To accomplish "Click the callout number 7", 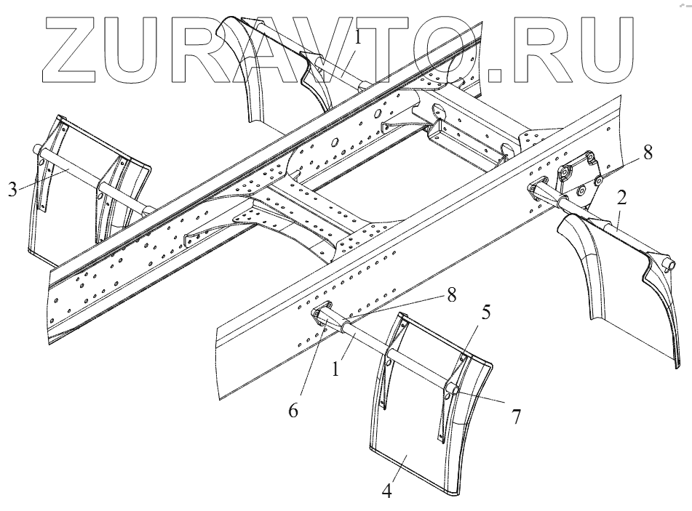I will click(517, 417).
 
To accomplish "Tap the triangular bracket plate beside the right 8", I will click(578, 177).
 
